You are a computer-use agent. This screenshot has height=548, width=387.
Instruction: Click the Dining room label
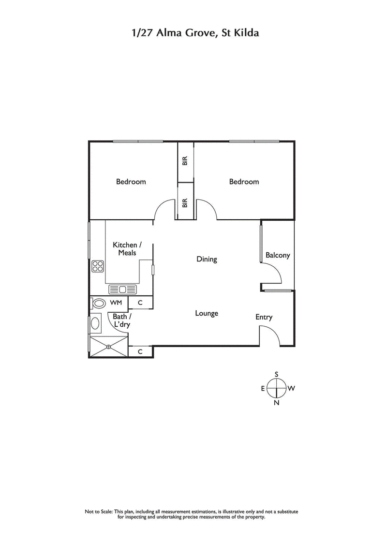point(207,259)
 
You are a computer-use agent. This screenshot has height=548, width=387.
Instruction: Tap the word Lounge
point(207,313)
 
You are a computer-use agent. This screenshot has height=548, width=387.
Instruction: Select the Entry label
point(264,317)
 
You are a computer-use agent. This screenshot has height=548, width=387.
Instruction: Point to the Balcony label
point(278,255)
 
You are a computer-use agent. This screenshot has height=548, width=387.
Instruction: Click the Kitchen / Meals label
point(125,249)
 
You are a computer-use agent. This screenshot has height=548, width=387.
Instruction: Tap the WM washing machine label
point(116,303)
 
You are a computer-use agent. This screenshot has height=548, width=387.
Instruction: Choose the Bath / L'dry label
point(121,321)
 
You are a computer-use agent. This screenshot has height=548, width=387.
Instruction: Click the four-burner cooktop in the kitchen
point(98,266)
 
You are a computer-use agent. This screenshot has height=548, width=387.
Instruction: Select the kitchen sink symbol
point(122,289)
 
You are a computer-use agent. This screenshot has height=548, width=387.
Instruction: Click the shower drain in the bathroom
point(108,346)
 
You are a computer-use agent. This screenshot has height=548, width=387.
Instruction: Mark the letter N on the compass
point(277,403)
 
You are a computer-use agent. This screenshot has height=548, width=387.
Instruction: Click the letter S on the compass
point(277,374)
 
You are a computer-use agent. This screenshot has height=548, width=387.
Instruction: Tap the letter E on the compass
point(263,388)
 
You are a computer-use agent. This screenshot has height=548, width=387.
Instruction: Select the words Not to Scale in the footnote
point(99,511)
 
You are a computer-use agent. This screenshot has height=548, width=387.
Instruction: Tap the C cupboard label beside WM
point(140,303)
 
